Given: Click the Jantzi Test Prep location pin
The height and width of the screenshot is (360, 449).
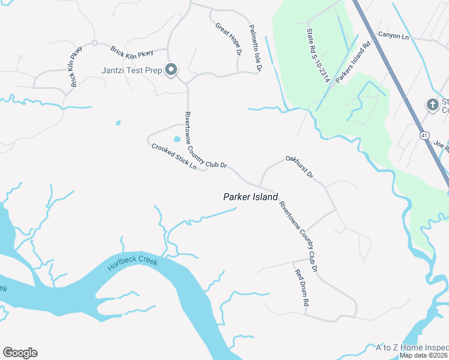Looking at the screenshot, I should [x=171, y=70].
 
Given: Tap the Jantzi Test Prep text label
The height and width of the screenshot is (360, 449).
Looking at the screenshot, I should [x=131, y=71].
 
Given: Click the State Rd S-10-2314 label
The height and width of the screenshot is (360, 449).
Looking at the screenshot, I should [x=318, y=59].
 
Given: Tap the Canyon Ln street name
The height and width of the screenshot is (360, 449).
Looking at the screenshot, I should [x=393, y=37].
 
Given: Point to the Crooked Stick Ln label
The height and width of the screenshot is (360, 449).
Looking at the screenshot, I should [x=174, y=156].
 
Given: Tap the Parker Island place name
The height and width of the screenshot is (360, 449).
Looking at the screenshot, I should [x=250, y=196].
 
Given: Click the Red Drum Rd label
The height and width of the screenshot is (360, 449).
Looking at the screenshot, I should [x=300, y=289].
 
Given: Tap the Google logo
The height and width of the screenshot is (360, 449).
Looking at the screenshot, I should [x=20, y=352].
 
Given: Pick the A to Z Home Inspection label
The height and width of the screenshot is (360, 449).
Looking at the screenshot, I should [x=412, y=347].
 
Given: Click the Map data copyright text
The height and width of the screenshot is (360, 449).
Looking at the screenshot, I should [x=424, y=355].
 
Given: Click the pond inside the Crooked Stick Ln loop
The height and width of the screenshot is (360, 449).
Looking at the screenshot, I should [x=177, y=139].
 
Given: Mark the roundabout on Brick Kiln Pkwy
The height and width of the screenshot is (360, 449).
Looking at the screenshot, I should [x=94, y=43].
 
